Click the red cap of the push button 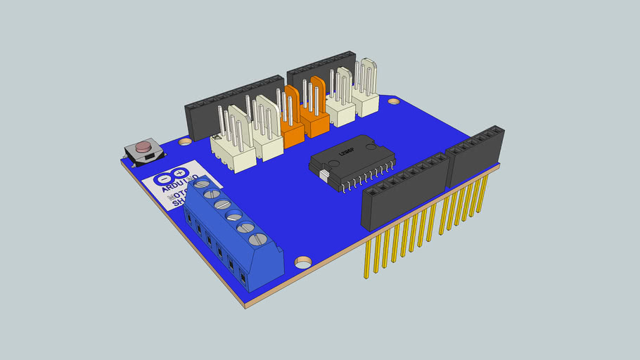pyautogui.click(x=143, y=148)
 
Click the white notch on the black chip pyautogui.click(x=323, y=173)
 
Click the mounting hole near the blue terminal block pyautogui.click(x=303, y=263)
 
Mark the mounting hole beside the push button pyautogui.click(x=185, y=141)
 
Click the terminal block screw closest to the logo pyautogui.click(x=200, y=184)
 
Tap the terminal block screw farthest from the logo pyautogui.click(x=257, y=239)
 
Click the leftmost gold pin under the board pyautogui.click(x=367, y=257)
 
